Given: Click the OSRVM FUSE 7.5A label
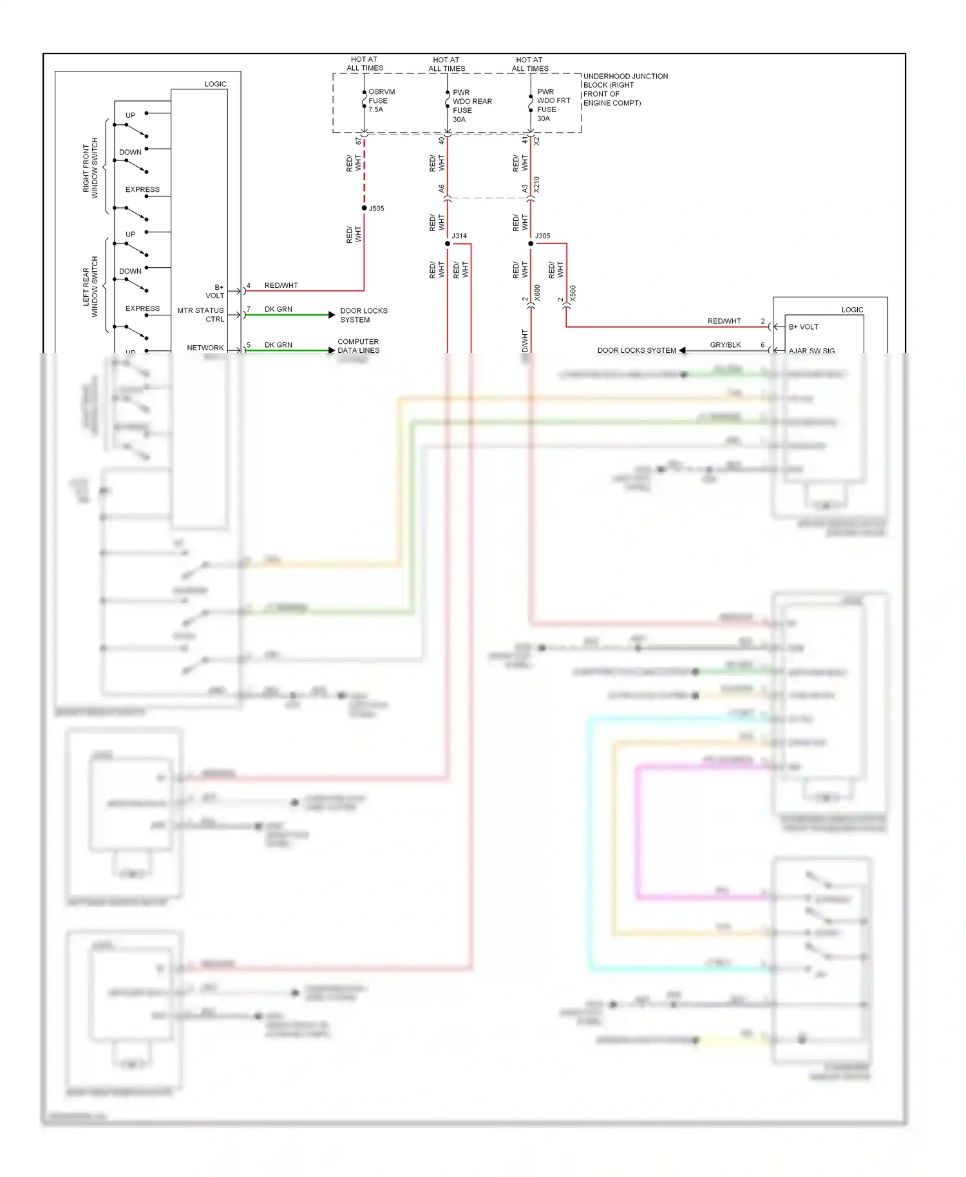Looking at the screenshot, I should [381, 100].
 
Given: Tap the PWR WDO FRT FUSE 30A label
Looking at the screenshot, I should [553, 105].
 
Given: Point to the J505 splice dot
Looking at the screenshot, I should [365, 208].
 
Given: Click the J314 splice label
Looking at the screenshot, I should [459, 236].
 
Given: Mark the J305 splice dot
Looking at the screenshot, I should [531, 243].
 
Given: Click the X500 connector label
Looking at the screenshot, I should [573, 294].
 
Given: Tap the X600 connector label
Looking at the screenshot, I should [537, 293].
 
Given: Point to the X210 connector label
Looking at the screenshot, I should [536, 185].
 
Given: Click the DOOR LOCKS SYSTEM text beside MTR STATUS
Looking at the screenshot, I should [363, 315].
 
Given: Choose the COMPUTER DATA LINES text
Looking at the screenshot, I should [358, 346].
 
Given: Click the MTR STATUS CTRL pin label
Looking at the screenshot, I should [201, 314].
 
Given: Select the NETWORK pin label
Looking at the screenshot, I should [205, 348].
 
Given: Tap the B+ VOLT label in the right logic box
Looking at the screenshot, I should [803, 326].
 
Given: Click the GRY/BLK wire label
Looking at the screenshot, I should [725, 344].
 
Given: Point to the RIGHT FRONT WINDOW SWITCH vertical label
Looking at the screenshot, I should [90, 167].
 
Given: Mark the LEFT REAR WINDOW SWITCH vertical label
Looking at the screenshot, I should [90, 287].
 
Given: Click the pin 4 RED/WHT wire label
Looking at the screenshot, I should [281, 285].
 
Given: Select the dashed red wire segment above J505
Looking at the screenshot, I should [365, 171].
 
